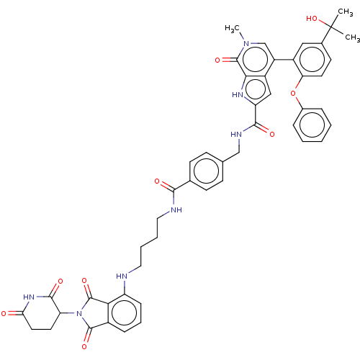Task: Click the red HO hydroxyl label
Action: click(312, 19)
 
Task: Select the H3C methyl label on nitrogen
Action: click(232, 29)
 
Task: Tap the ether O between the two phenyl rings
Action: click(293, 93)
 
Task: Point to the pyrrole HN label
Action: click(238, 95)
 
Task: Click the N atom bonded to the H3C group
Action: click(246, 44)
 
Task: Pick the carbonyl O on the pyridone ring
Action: click(217, 60)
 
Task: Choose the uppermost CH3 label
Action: click(346, 12)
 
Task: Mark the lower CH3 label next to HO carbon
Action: click(352, 37)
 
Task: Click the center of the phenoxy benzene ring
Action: click(312, 125)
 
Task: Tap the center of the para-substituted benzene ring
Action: click(207, 171)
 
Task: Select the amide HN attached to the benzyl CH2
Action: click(236, 135)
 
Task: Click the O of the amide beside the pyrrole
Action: click(272, 134)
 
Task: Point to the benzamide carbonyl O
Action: click(157, 181)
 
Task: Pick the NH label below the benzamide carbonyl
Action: click(176, 210)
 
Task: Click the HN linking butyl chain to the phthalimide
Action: click(122, 276)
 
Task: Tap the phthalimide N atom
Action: click(79, 313)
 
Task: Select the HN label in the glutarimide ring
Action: click(29, 297)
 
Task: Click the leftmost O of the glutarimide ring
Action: click(4, 313)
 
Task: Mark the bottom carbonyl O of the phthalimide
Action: click(84, 346)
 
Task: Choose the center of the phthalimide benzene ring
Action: click(125, 313)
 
